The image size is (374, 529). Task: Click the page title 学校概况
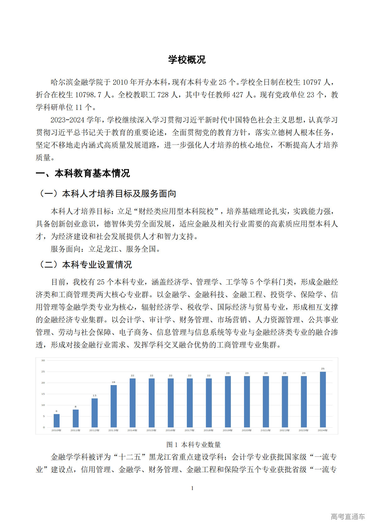187,60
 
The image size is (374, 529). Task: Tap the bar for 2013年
114,406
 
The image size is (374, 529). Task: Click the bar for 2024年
323,399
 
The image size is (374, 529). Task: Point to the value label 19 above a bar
114,382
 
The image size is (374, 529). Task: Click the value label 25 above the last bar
323,369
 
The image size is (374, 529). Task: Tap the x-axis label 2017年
189,430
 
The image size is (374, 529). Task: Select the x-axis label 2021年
265,430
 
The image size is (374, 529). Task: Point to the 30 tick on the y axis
43,360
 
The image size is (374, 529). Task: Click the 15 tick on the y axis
43,394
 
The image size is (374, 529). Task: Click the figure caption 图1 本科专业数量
193,444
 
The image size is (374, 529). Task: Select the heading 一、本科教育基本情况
83,173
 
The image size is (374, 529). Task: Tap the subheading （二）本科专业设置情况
84,264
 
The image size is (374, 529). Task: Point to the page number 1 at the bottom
192,488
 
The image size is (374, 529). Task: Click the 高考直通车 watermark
348,516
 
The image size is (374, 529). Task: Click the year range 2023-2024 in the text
67,120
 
